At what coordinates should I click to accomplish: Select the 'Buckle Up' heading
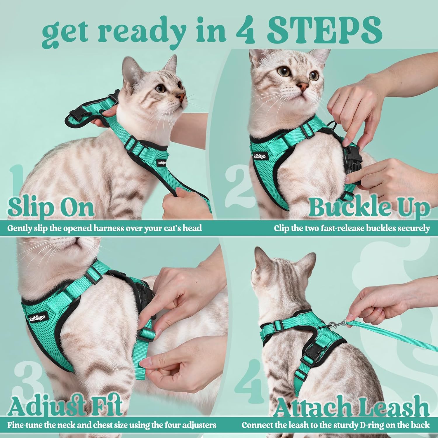click(x=369, y=207)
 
